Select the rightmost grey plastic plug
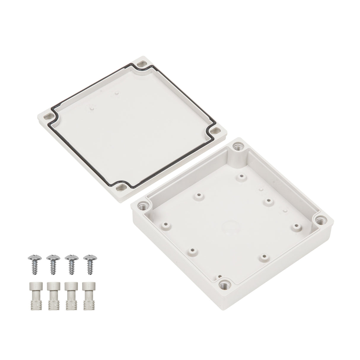(88, 286)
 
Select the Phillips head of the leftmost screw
(34, 257)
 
